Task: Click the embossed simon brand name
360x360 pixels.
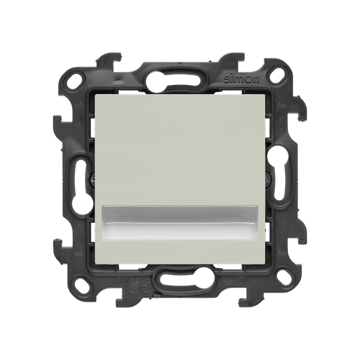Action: (241, 79)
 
